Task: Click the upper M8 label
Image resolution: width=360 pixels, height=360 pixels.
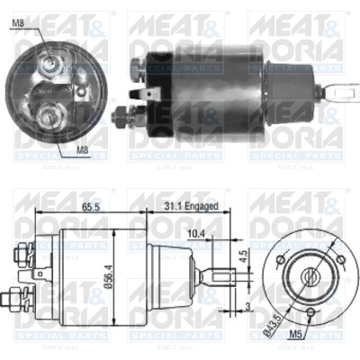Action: tap(19, 12)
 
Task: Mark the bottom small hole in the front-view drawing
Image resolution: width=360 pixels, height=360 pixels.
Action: tap(306, 313)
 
